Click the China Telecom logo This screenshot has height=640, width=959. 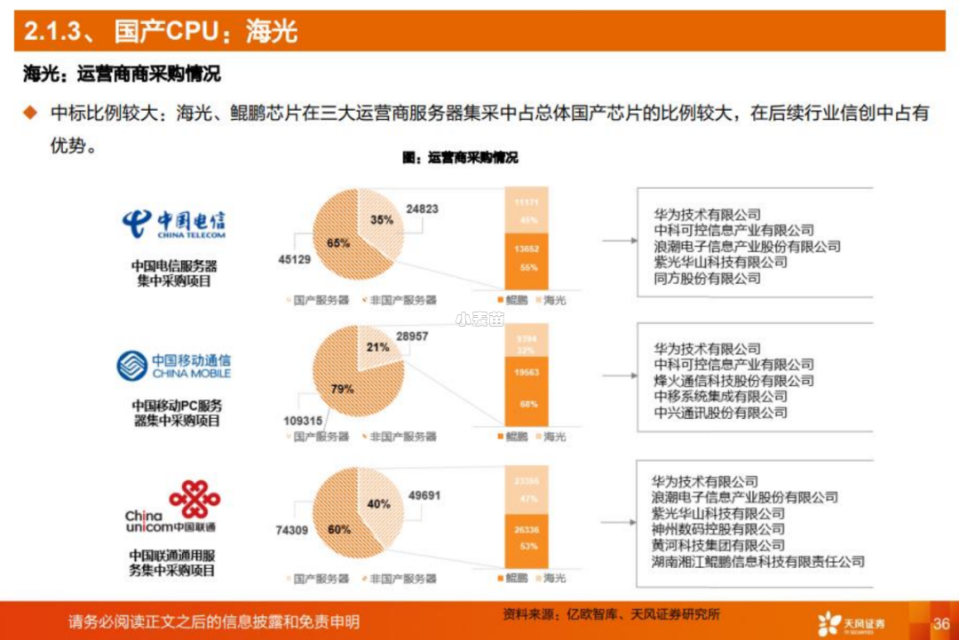[x=174, y=224]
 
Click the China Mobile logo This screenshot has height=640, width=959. [x=173, y=365]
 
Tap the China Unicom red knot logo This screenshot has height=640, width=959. [x=194, y=499]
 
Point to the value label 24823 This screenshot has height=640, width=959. [x=422, y=209]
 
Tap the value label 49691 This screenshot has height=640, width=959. [x=424, y=495]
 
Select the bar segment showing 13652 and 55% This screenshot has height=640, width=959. [x=527, y=258]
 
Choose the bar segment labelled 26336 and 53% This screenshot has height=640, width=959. [x=527, y=538]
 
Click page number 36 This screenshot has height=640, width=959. [x=940, y=623]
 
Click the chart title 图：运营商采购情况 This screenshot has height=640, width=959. [x=460, y=158]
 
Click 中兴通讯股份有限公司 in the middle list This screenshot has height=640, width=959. [x=720, y=413]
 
